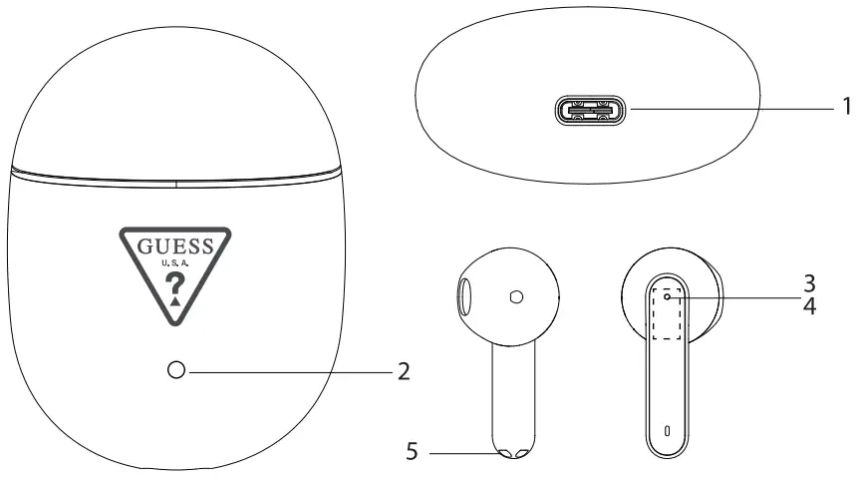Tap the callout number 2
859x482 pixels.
point(404,371)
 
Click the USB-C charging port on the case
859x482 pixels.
point(592,109)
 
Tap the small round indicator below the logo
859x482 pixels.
point(177,371)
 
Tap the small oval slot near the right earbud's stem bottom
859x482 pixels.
point(667,433)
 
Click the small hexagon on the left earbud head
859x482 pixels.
point(515,296)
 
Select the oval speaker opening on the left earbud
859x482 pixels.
point(465,297)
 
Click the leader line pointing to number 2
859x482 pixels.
point(289,371)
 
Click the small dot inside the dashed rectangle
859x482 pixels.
point(666,296)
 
